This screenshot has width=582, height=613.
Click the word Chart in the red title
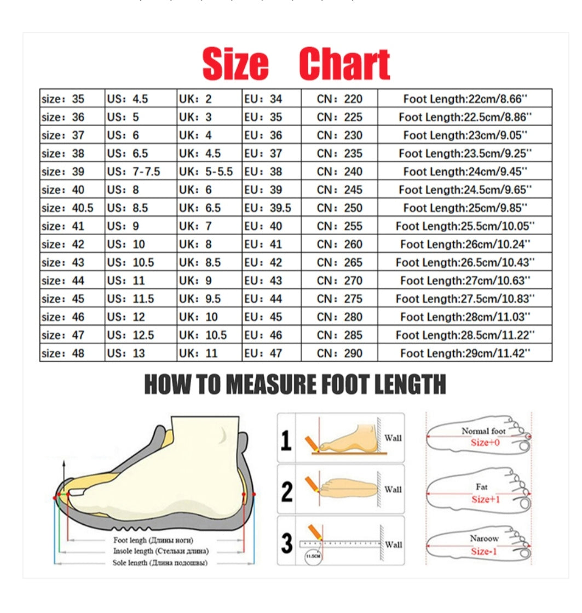click(345, 65)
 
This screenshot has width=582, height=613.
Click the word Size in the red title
click(235, 65)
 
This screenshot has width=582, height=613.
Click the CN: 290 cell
click(339, 353)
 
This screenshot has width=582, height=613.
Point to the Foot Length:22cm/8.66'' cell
click(465, 99)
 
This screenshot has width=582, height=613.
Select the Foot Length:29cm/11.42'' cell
click(465, 353)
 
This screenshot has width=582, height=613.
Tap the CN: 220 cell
click(339, 99)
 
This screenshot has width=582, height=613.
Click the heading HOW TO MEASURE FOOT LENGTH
click(295, 384)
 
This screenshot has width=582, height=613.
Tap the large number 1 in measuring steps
click(286, 440)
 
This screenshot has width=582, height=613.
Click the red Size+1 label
click(486, 499)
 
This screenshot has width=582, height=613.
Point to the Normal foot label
click(483, 431)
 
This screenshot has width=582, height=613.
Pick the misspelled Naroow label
click(484, 538)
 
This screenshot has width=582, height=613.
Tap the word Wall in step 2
click(393, 490)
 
